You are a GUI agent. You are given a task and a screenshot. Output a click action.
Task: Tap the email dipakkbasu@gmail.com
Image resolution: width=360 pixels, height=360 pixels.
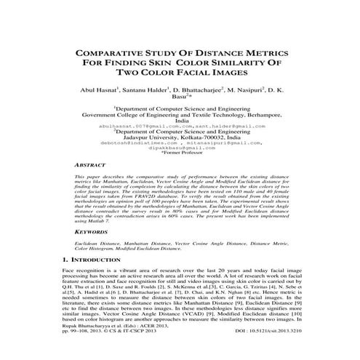click(180, 147)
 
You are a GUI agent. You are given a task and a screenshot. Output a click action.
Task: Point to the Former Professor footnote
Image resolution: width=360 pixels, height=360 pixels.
click(180, 153)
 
